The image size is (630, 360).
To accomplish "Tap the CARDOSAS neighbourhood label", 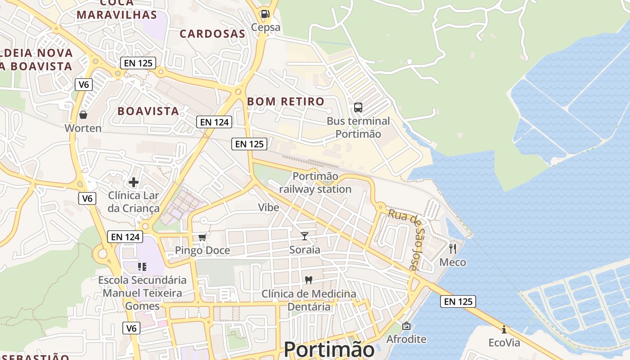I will coord(212,34).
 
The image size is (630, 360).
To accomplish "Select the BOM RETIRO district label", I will coord(286,102).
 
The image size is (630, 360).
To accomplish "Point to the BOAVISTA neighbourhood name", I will coord(148,111).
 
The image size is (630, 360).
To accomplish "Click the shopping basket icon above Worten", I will coord(83,115).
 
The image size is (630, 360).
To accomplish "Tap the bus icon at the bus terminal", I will coord(358,108).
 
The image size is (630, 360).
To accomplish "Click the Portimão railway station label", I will coord(315,183).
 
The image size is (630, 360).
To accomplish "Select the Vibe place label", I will coord(269,207).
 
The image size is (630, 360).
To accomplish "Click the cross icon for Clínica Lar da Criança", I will coord(134,182).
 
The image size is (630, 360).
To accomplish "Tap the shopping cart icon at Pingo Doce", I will coord(202,237).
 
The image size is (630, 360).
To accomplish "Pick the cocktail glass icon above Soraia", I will coord(305,236).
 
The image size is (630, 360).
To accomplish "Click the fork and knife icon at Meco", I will coord(453,248).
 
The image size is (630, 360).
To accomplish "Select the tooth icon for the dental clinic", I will coord(309,280).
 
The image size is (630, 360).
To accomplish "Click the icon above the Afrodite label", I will coord(406,325).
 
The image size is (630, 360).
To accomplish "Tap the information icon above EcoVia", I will coord(504,329).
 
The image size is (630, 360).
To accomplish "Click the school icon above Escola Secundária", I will coord(142,266).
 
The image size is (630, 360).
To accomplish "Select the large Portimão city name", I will coord(329,349).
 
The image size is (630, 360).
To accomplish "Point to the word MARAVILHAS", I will coord(117,15).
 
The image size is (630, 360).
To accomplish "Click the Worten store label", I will coord(83,128).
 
